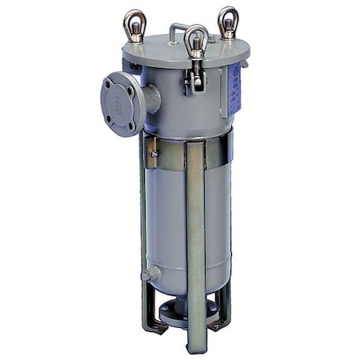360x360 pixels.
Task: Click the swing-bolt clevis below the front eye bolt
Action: click(x=194, y=72)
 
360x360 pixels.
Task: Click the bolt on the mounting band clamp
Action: click(x=152, y=152)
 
